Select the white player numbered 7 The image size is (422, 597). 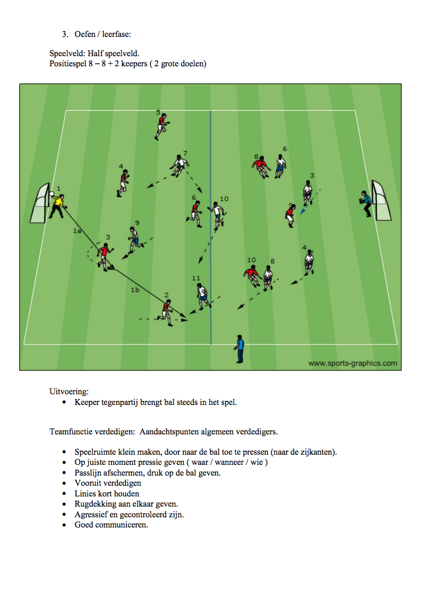[178, 165]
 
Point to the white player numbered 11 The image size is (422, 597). [202, 296]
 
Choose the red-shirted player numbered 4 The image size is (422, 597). [123, 183]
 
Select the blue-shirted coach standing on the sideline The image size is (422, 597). [239, 348]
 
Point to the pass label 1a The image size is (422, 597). [77, 231]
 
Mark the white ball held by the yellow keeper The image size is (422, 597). [51, 196]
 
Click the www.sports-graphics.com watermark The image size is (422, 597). [353, 363]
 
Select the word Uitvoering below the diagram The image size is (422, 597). [69, 392]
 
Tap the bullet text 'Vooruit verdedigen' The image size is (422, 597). [108, 483]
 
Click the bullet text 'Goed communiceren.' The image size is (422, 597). [111, 525]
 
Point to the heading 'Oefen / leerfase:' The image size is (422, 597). [103, 34]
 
